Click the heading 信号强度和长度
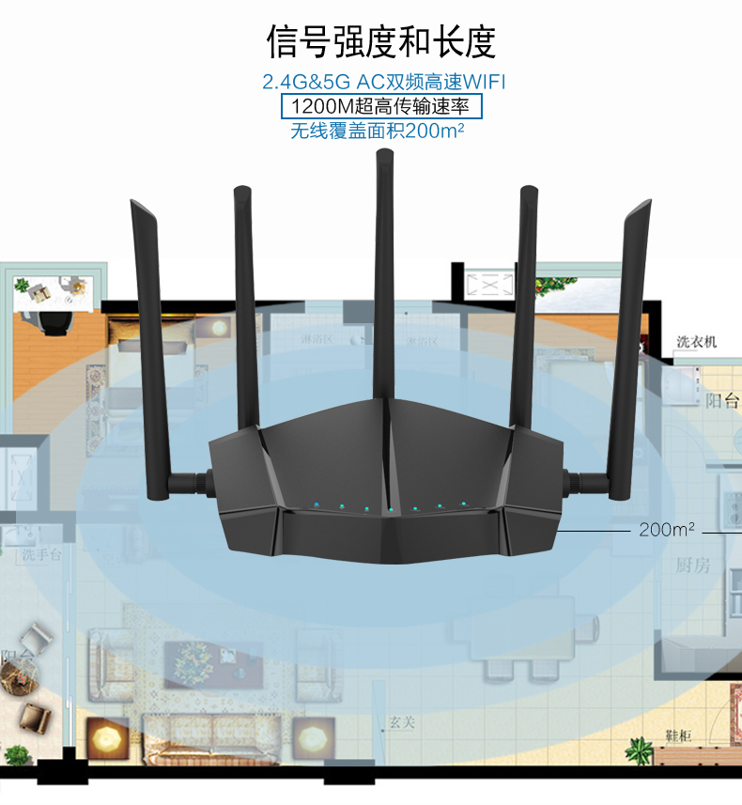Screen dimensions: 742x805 pyautogui.click(x=380, y=42)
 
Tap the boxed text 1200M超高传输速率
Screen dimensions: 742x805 pyautogui.click(x=381, y=105)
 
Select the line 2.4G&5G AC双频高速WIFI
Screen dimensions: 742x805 pyautogui.click(x=389, y=82)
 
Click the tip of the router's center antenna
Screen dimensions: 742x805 pyautogui.click(x=383, y=156)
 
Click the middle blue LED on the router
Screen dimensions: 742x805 pyautogui.click(x=390, y=509)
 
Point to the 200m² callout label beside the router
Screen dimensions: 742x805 pyautogui.click(x=667, y=530)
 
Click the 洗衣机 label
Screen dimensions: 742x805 pyautogui.click(x=696, y=342)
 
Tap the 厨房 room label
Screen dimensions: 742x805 pyautogui.click(x=693, y=565)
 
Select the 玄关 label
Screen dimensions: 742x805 pyautogui.click(x=402, y=722)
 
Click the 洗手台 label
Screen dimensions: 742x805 pyautogui.click(x=42, y=555)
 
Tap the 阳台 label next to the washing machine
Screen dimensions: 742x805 pyautogui.click(x=721, y=402)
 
